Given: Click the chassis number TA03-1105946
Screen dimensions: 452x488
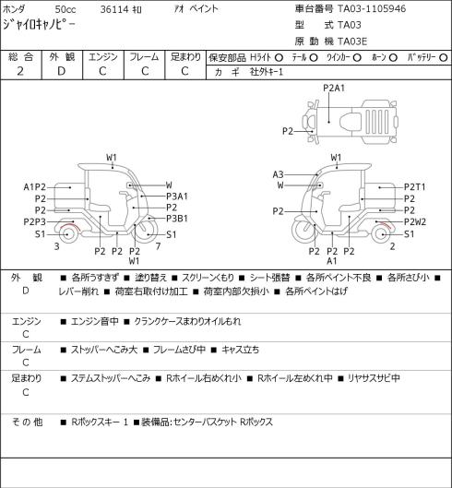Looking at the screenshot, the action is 372,8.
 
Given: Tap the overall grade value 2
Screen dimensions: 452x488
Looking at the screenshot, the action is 20,71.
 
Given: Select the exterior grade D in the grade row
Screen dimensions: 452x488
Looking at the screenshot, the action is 61,71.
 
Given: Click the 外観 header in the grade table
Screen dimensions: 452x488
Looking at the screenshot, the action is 62,57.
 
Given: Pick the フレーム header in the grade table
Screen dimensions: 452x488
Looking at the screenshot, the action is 144,57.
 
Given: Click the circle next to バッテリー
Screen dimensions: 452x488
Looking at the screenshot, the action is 444,57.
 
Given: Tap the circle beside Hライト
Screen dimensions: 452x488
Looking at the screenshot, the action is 279,57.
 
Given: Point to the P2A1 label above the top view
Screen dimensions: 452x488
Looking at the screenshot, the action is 334,88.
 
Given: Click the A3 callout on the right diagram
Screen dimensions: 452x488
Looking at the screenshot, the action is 278,174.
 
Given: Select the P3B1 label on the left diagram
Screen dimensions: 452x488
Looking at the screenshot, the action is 177,219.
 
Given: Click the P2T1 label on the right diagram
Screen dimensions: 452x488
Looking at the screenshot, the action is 415,187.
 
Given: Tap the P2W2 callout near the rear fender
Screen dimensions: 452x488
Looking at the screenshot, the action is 415,222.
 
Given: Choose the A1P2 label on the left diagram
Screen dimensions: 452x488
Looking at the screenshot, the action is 34,187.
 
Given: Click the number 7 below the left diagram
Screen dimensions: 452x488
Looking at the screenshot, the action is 158,246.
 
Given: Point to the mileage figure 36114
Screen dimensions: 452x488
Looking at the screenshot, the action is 114,9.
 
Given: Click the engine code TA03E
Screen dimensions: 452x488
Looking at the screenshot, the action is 352,42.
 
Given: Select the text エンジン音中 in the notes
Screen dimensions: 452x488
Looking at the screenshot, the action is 95,321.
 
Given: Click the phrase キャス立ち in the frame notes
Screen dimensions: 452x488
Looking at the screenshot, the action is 240,350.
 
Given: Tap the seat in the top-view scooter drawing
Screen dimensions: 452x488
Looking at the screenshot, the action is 351,121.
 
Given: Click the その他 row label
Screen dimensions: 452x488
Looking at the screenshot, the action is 27,422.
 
